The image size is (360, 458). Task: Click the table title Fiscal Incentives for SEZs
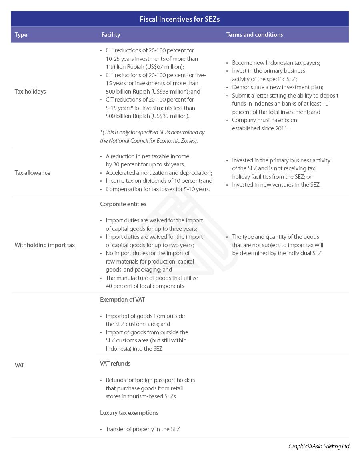click(x=180, y=19)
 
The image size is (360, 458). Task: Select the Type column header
click(x=21, y=35)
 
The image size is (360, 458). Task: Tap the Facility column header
click(x=111, y=35)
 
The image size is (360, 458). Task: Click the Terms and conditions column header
click(x=254, y=35)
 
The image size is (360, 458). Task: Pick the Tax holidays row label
click(x=30, y=92)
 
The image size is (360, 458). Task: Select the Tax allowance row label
click(x=32, y=173)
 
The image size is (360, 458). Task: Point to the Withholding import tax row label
click(x=45, y=245)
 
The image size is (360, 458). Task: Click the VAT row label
click(x=20, y=365)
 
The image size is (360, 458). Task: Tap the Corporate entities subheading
click(x=123, y=204)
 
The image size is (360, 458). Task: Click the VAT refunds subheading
click(x=115, y=364)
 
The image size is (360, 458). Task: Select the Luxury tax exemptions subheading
click(x=129, y=413)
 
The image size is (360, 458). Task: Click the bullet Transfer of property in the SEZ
click(x=142, y=429)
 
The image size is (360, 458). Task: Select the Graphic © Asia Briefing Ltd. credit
click(x=319, y=446)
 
